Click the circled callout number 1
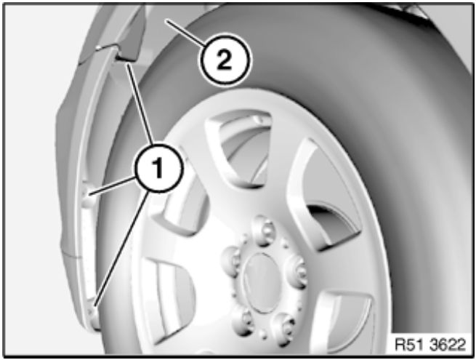pos(158,168)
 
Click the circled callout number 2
pos(226,60)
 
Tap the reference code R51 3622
pos(430,344)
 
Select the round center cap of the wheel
pos(260,283)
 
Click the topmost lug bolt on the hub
pos(264,231)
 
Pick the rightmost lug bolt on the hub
pos(297,271)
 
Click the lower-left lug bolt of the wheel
pos(243,321)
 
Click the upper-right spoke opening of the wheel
pos(325,198)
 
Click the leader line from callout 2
pos(185,33)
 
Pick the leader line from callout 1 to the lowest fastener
pos(121,249)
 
